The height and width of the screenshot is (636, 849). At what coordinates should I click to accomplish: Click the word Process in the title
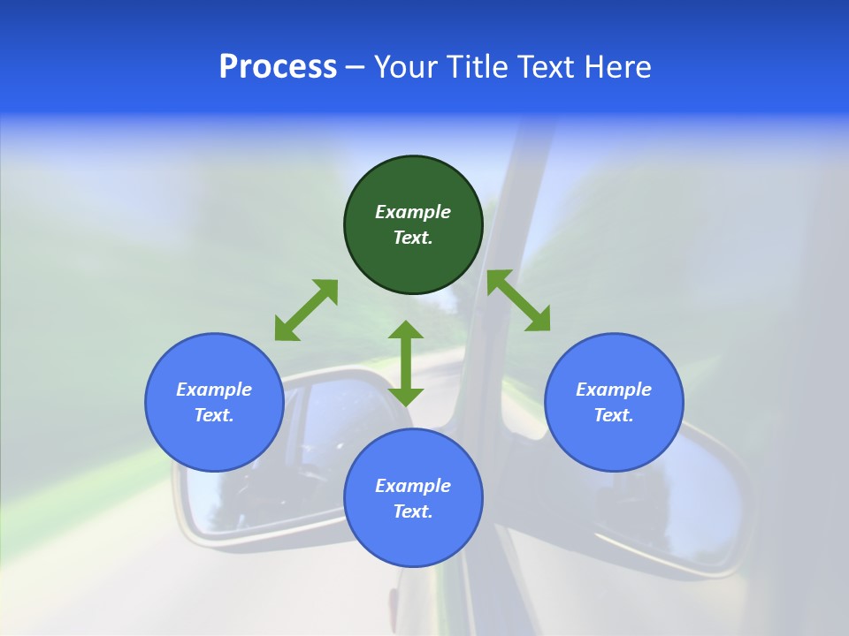tap(278, 67)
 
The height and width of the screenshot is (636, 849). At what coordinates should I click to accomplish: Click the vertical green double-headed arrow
tap(406, 364)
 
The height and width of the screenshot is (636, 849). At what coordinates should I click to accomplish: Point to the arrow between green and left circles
tap(306, 310)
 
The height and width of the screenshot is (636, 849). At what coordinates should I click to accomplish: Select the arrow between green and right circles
tap(518, 301)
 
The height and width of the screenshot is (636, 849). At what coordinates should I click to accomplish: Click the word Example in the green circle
tap(413, 212)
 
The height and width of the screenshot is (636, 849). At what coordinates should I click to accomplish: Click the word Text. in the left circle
tap(214, 415)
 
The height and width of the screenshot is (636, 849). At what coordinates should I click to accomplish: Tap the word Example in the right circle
tap(614, 390)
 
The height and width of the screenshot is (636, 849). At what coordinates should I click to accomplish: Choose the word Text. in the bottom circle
tap(413, 511)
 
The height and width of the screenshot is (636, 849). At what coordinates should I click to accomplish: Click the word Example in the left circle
tap(214, 390)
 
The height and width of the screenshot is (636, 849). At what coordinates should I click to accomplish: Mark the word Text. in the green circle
tap(413, 238)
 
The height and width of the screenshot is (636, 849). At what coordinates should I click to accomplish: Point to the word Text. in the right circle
tap(614, 415)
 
